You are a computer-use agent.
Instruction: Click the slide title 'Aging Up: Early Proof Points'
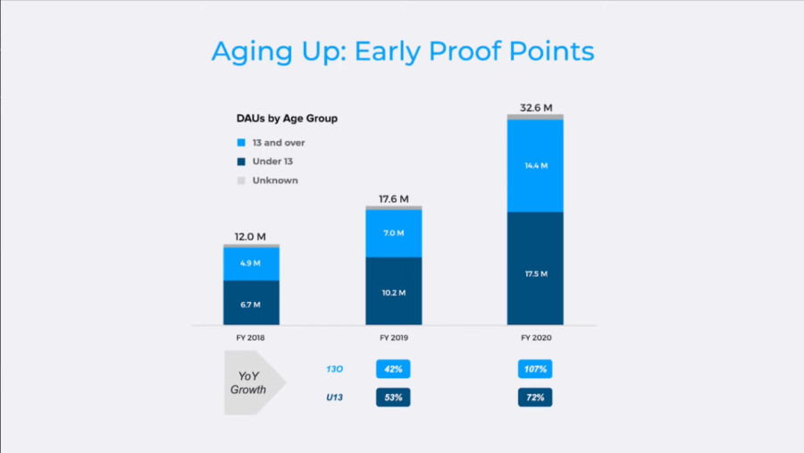(x=403, y=52)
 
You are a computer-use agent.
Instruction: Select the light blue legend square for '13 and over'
(x=241, y=143)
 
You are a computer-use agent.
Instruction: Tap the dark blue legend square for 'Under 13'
(x=241, y=162)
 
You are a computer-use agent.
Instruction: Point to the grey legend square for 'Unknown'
(x=241, y=180)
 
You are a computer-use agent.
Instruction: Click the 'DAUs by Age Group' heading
(x=287, y=119)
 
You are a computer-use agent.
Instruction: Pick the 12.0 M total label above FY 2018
(x=250, y=237)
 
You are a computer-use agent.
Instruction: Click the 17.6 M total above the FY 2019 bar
(x=394, y=199)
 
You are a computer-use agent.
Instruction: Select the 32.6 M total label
(x=536, y=108)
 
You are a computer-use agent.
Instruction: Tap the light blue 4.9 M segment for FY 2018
(x=251, y=264)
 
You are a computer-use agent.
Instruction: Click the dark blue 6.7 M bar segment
(x=251, y=303)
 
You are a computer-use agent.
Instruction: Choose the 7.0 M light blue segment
(x=394, y=233)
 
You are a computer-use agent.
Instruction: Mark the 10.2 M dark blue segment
(x=394, y=291)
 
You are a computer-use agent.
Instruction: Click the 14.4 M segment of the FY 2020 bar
(x=535, y=165)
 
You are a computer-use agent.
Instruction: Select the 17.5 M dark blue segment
(x=535, y=268)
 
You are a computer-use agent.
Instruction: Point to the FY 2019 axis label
(x=394, y=338)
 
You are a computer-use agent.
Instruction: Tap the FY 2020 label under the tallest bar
(x=536, y=338)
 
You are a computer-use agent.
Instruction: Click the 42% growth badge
(x=393, y=369)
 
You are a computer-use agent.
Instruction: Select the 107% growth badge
(x=535, y=369)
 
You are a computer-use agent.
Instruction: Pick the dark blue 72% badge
(x=535, y=397)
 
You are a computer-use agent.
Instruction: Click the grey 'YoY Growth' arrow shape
(x=251, y=382)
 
